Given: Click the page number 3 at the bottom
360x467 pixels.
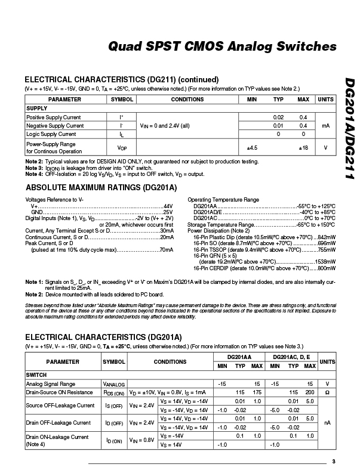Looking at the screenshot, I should (334, 460).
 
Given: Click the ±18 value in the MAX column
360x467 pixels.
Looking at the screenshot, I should (303, 147).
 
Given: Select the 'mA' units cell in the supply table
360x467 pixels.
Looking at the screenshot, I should (325, 126).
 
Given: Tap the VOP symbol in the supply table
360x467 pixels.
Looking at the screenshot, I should (122, 147).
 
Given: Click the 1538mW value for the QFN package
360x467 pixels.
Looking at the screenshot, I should (323, 261).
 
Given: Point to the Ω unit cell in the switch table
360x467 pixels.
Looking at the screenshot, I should (326, 393).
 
